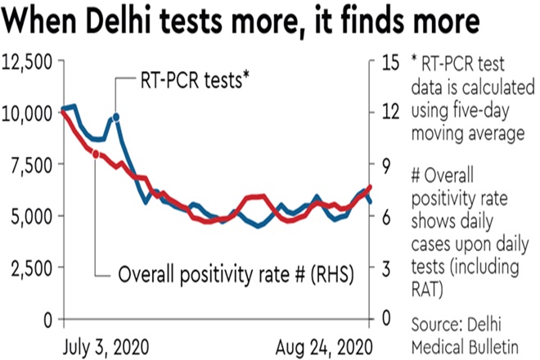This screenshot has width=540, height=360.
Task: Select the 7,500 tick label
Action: [31, 164]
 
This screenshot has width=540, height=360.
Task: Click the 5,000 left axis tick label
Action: [31, 216]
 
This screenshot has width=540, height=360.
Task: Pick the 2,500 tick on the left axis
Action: [31, 268]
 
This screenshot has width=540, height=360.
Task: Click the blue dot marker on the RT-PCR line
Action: [115, 118]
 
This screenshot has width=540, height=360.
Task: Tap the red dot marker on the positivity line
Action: [97, 153]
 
